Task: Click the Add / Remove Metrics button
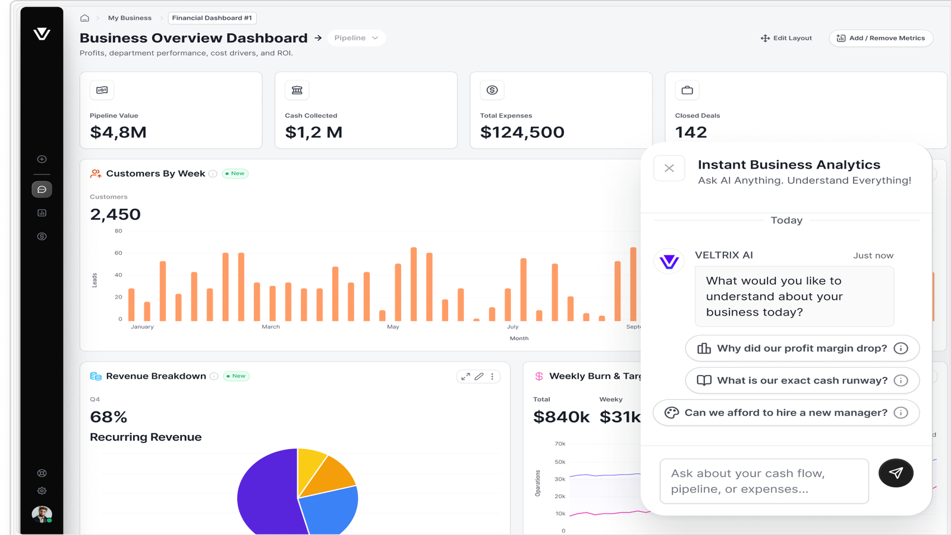click(880, 38)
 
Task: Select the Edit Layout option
click(786, 38)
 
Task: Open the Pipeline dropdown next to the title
click(356, 38)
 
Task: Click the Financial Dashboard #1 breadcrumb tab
click(212, 18)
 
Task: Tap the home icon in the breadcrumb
click(84, 18)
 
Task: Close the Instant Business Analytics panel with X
click(669, 168)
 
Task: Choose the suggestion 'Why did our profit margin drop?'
click(802, 348)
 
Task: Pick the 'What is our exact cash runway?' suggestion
click(802, 380)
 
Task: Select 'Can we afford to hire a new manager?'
click(786, 413)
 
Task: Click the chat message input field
click(764, 481)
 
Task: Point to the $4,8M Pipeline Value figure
click(118, 133)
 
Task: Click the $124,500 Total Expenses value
click(522, 133)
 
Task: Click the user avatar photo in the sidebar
click(42, 514)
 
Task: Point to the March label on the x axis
click(271, 327)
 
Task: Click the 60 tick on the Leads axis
click(118, 253)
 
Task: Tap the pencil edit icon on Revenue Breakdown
click(479, 376)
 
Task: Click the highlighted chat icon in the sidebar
click(42, 190)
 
